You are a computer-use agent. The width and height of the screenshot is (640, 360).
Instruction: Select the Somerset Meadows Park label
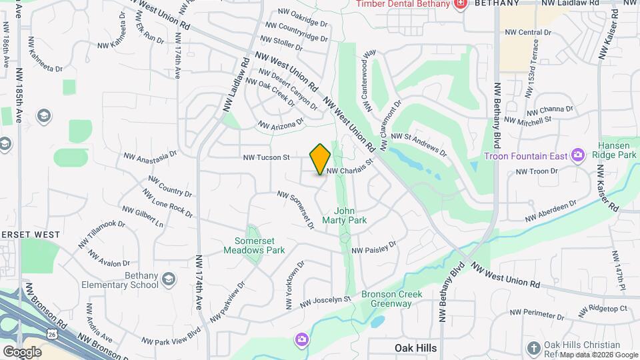(x=259, y=245)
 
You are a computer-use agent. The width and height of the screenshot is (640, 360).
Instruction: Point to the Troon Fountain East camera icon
(x=578, y=156)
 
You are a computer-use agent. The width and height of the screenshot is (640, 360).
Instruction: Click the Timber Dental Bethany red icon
(x=459, y=4)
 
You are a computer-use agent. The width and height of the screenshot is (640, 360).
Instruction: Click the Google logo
(x=22, y=351)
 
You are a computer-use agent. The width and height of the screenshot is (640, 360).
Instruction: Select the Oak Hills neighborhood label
(x=415, y=348)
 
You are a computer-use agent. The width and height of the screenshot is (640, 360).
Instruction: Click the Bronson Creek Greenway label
(x=386, y=299)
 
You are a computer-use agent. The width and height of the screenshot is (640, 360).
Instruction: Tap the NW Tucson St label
(x=266, y=158)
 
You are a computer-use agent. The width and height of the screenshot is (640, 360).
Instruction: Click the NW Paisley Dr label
(x=373, y=247)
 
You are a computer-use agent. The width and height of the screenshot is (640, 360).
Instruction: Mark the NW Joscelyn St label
(x=325, y=303)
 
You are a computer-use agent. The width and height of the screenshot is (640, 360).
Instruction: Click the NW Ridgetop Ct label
(x=603, y=310)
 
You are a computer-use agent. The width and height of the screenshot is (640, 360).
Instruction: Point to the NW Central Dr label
(x=528, y=32)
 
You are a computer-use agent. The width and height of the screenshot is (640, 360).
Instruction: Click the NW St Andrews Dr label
(x=418, y=143)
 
